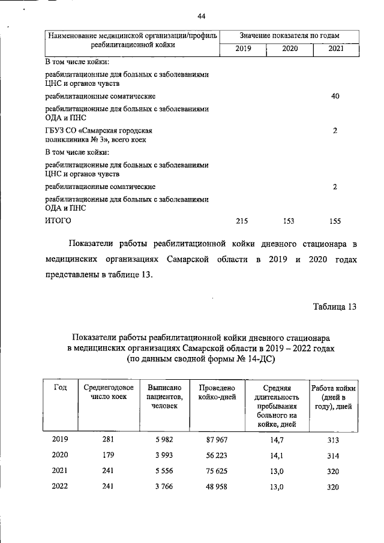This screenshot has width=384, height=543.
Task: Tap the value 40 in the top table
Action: [336, 96]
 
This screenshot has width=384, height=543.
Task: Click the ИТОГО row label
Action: [58, 221]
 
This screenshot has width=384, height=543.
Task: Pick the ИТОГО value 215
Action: [242, 221]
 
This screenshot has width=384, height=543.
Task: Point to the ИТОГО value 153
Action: [289, 221]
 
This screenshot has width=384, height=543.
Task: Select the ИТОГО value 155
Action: [335, 221]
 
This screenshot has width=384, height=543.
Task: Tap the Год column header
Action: [60, 387]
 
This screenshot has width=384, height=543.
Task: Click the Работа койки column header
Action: [334, 397]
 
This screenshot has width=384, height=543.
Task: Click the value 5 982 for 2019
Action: [164, 439]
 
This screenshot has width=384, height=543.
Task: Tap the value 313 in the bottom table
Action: [333, 439]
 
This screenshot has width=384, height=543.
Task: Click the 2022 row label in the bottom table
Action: [60, 486]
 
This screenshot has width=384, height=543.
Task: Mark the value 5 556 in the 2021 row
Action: [164, 470]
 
